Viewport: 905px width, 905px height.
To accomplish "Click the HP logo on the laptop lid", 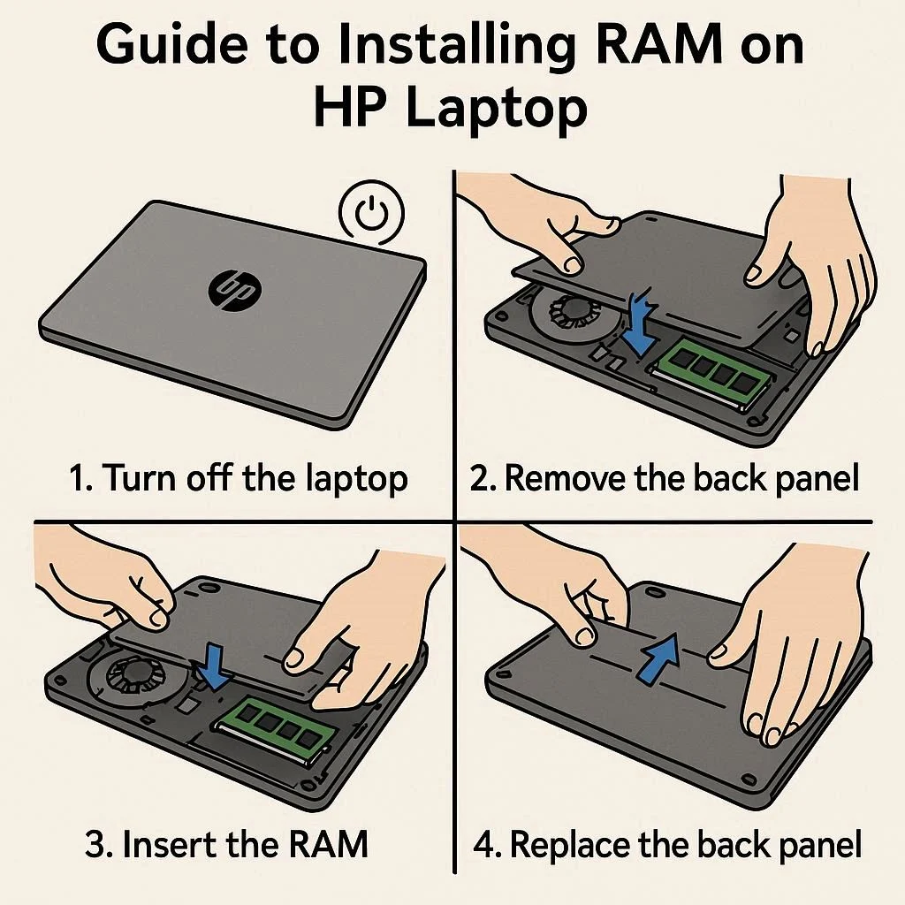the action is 234,290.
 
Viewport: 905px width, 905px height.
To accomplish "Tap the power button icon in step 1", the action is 371,212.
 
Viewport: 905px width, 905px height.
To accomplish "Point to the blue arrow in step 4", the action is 658,657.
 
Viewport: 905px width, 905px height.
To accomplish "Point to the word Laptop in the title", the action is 497,109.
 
